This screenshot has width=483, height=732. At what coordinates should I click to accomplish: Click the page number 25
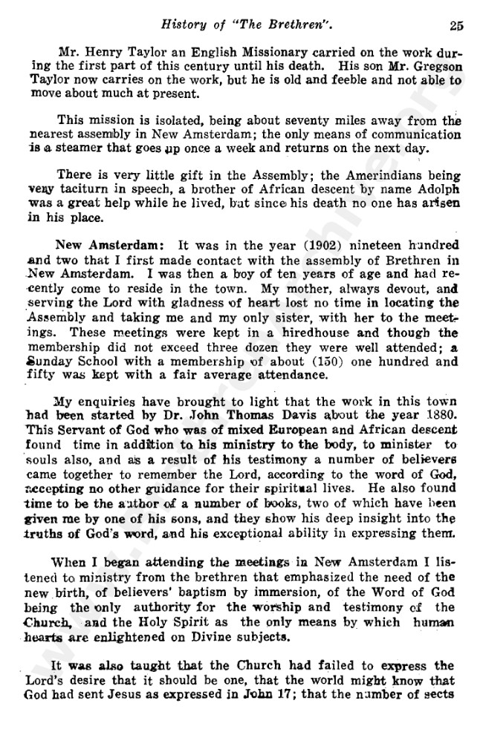(x=456, y=25)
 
